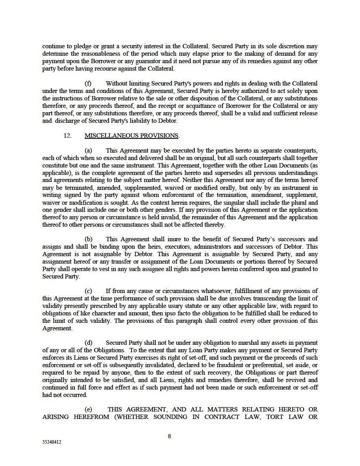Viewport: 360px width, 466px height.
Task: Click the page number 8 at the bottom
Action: click(169, 436)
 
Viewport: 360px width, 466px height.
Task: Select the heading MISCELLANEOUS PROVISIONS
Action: click(131, 136)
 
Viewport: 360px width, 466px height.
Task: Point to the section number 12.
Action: click(67, 136)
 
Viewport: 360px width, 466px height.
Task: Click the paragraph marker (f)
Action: click(88, 84)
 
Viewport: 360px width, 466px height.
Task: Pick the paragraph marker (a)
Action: click(88, 151)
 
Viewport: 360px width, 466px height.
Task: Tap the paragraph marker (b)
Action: click(89, 239)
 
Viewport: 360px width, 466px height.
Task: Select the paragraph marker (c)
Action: click(88, 291)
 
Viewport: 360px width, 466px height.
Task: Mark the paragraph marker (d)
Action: click(89, 343)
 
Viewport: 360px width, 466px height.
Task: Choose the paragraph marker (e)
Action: click(88, 410)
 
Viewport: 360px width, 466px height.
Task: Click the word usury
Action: click(187, 306)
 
